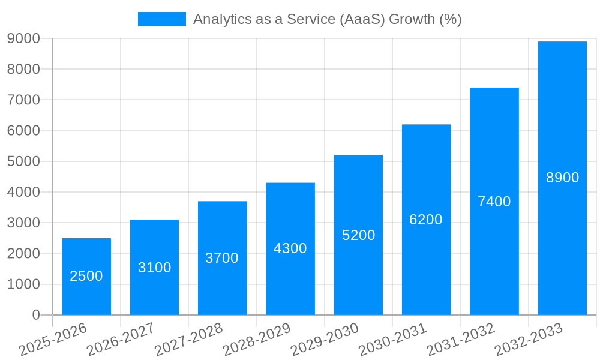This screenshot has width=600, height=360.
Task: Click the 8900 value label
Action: coord(562,178)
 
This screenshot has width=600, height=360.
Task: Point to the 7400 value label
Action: coord(494,202)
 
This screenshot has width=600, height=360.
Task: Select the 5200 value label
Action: coord(358,235)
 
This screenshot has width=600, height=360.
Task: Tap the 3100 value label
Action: coord(154,268)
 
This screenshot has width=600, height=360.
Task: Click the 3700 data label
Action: coord(222,258)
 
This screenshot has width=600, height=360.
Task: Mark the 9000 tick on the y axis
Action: coord(23,38)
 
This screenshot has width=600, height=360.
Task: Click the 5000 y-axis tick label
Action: coord(23,161)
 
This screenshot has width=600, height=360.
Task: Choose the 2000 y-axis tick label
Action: coord(23,254)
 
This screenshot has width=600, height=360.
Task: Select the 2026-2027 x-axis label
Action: coord(121,339)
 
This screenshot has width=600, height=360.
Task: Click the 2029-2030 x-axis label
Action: coord(325,339)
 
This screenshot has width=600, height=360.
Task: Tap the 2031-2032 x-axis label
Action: coord(461,339)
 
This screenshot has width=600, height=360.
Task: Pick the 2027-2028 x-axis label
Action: coord(188,339)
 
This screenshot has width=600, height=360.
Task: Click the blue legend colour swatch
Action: coord(161,19)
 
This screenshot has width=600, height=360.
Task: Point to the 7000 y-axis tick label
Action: coord(23,100)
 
